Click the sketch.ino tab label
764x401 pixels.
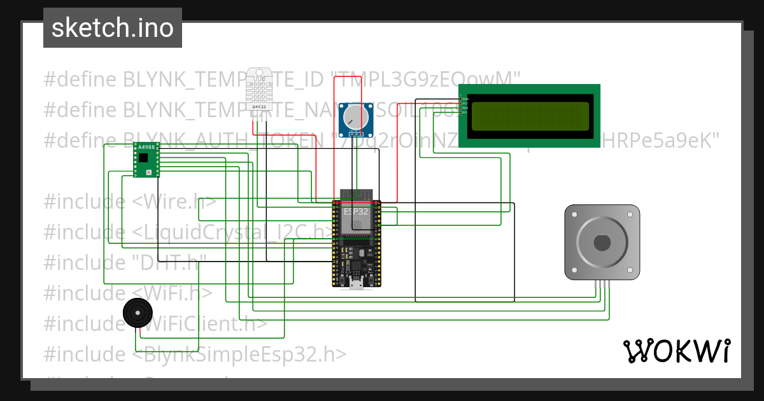click(x=113, y=28)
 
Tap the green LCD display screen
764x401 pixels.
click(x=530, y=115)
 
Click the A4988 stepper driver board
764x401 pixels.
click(x=146, y=160)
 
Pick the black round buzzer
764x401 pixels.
click(x=137, y=313)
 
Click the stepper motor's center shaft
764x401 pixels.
click(x=602, y=243)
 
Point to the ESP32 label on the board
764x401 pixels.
click(x=355, y=211)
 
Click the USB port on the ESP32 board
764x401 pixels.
click(x=355, y=281)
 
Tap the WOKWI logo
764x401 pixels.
click(x=676, y=351)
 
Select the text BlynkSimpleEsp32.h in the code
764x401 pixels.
click(x=241, y=354)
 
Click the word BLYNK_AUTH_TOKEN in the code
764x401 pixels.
click(x=220, y=140)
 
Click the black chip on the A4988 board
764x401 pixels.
click(x=144, y=157)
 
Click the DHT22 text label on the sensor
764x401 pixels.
click(x=259, y=106)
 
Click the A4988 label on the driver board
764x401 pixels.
click(x=146, y=148)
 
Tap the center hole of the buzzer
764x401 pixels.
click(x=137, y=313)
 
